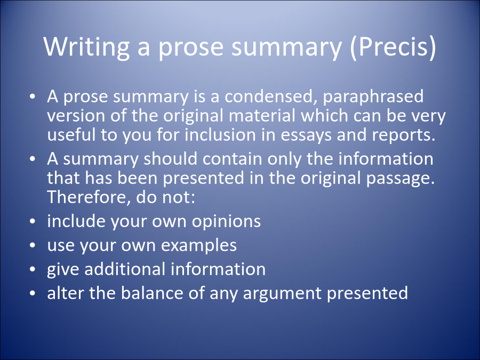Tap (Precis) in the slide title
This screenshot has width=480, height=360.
click(393, 46)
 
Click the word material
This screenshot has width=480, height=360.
click(262, 116)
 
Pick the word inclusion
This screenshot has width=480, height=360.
click(220, 135)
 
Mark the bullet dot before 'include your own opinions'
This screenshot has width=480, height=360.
click(33, 221)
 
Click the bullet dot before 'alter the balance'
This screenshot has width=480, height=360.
click(33, 293)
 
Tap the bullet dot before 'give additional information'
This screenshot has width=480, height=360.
click(33, 269)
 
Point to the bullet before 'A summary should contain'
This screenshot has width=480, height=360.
click(33, 159)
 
